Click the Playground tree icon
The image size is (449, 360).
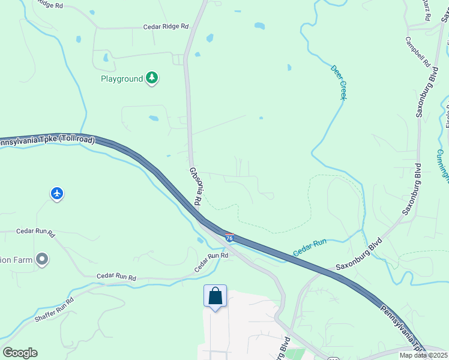point(152,78)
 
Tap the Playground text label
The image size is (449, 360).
point(122,79)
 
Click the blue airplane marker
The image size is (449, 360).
point(57,194)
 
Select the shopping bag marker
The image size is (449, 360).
point(215,296)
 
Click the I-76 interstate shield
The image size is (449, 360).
point(229,237)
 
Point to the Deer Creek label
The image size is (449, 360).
point(339,82)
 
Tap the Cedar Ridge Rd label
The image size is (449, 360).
point(166,27)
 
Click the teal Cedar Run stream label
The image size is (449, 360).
point(310,248)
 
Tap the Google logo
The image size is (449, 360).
point(20,352)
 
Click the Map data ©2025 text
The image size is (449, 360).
point(423,355)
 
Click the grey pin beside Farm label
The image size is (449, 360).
point(41,259)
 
